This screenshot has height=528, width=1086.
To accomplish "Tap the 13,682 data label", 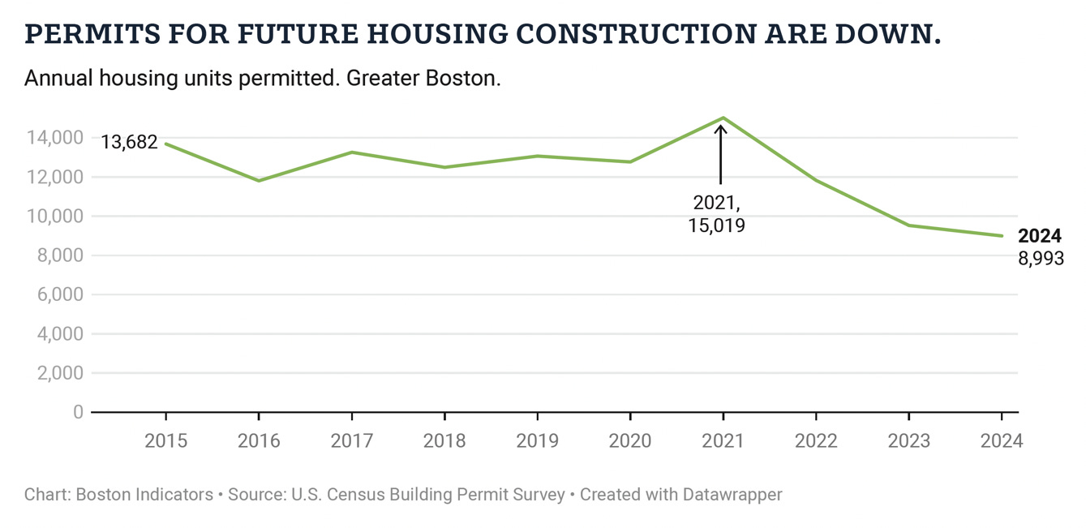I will tap(129, 142).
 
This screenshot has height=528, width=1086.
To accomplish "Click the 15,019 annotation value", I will tap(716, 225).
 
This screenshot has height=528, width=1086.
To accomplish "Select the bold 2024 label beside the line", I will tap(1039, 236).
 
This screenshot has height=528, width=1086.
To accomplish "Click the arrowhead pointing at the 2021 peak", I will tap(720, 128).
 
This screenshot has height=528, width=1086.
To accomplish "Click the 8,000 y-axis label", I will tap(58, 255).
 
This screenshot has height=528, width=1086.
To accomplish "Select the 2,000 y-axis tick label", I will tap(58, 373).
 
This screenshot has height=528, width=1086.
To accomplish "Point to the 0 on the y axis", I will tap(78, 412).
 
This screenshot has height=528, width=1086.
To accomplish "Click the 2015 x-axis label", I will tap(165, 441).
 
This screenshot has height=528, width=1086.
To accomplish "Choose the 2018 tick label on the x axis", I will tap(444, 441).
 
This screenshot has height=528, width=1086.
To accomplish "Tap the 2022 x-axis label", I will tap(815, 441).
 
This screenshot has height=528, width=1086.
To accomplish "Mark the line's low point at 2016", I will tap(259, 180).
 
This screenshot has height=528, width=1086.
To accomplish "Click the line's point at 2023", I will tap(908, 225).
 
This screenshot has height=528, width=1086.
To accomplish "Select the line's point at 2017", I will tap(352, 152).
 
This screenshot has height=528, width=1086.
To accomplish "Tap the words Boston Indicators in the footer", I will tap(144, 494).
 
